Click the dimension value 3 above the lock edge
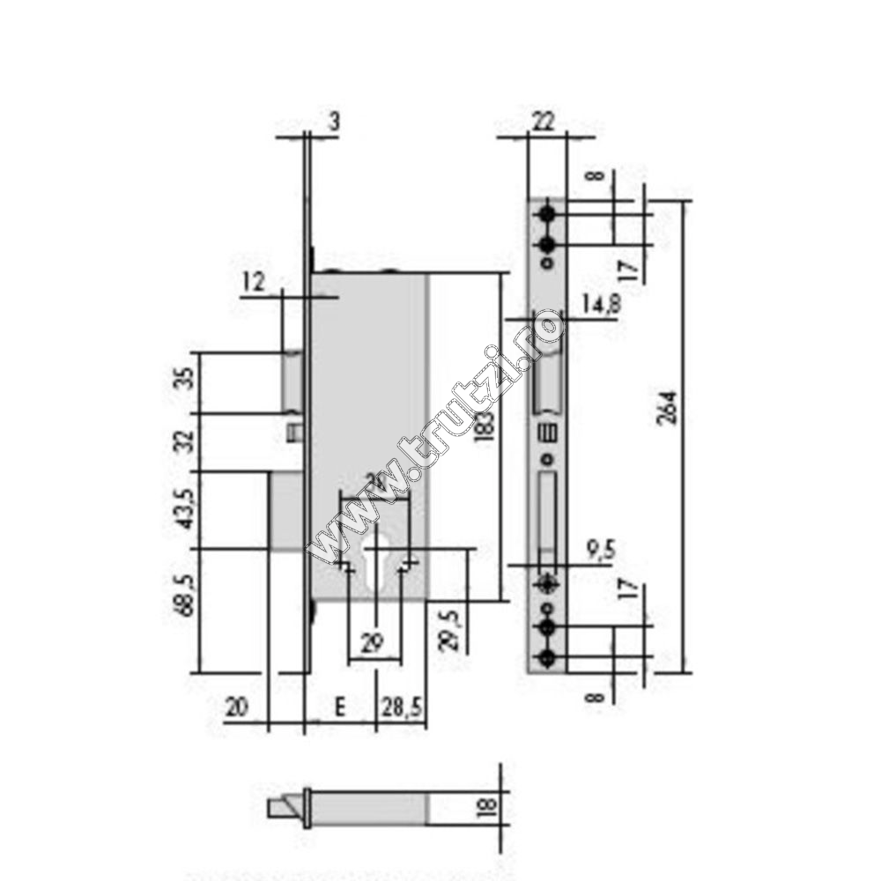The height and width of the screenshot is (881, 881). coord(333,122)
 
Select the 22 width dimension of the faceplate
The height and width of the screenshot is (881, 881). coord(544,123)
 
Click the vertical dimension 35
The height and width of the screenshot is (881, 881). coord(183,381)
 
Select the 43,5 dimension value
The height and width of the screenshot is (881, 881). coord(183,509)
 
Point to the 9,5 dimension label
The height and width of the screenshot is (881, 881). coord(600,551)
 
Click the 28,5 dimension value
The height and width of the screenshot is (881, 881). coord(401,707)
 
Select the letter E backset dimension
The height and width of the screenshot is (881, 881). coord(339,707)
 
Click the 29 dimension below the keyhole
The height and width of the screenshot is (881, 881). coord(376,642)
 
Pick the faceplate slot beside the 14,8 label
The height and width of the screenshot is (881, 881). coord(546,378)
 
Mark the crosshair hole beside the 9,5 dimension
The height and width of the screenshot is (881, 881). coord(547,583)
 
